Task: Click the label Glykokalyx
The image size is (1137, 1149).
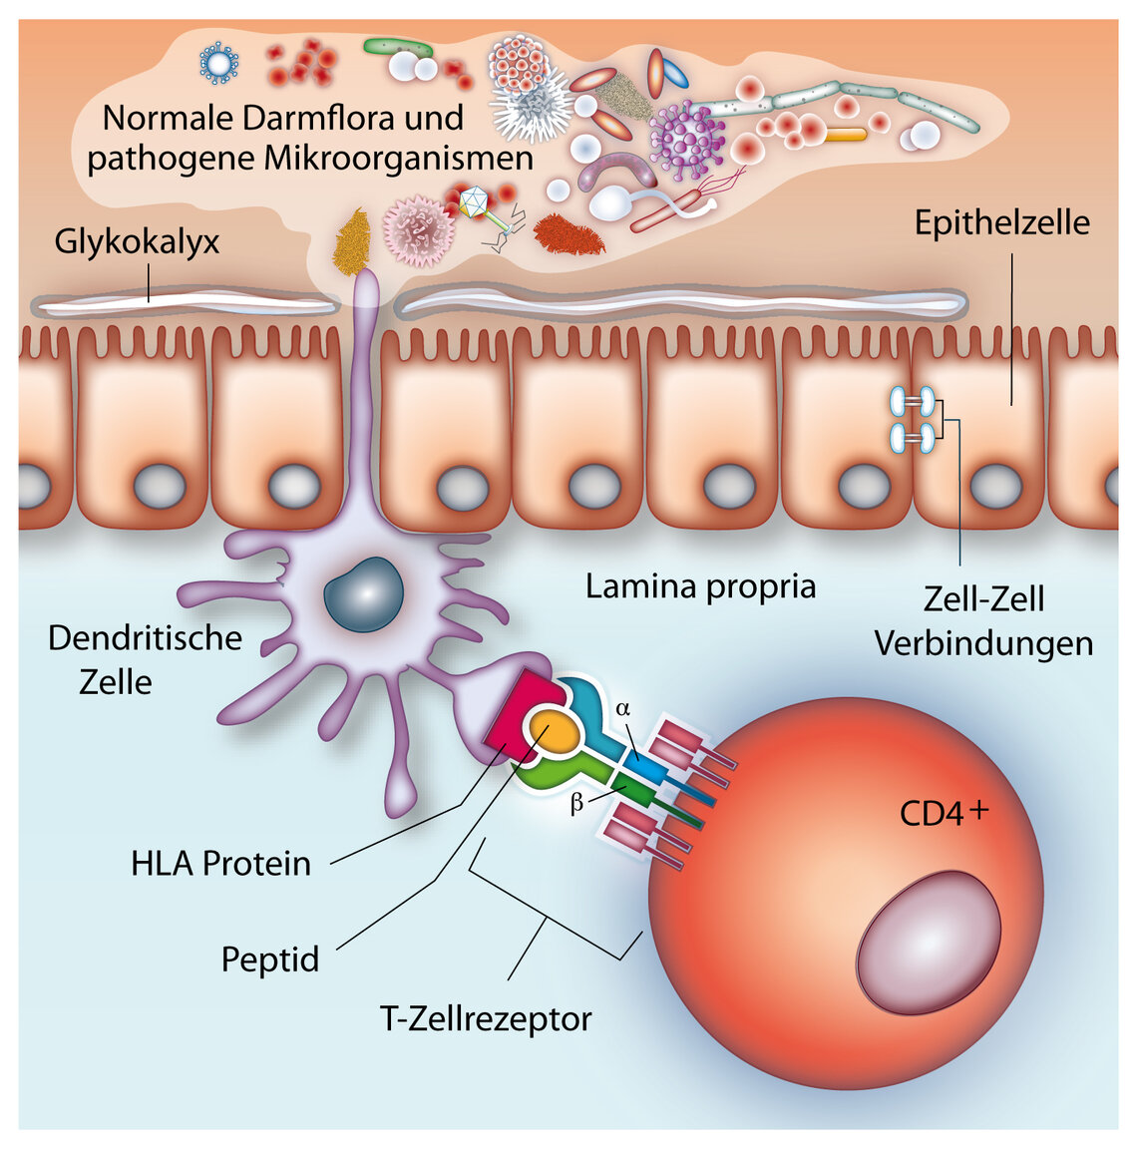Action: click(137, 242)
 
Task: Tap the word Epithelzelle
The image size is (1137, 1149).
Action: click(1001, 221)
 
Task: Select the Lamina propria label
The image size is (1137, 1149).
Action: click(700, 585)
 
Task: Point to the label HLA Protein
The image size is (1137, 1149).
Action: click(220, 863)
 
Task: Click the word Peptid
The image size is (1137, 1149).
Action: click(270, 959)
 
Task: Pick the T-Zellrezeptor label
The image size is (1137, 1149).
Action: click(486, 1018)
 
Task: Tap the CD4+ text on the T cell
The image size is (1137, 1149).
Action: click(942, 813)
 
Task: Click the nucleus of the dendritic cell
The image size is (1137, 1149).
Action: click(363, 594)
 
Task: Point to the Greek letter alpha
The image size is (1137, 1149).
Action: click(623, 708)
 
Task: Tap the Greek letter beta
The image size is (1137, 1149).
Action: click(576, 803)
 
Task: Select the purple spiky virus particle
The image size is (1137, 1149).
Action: click(685, 135)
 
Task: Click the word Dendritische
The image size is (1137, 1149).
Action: click(145, 638)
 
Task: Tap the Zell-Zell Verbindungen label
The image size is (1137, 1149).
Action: click(983, 621)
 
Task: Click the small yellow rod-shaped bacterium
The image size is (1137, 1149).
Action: click(845, 134)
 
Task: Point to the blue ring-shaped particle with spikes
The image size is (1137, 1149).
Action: click(218, 62)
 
